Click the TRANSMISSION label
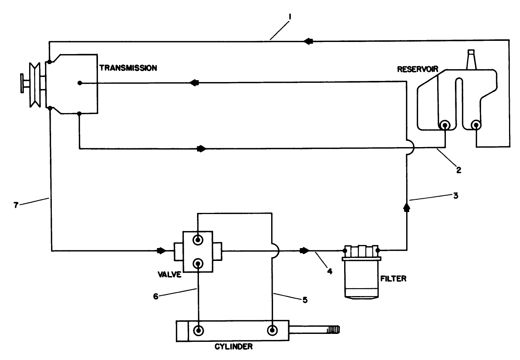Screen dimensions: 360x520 point(128,68)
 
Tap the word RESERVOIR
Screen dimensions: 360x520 point(417,69)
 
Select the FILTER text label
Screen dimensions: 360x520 point(393,279)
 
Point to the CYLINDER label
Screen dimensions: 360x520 point(233,346)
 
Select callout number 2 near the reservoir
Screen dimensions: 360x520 point(458,170)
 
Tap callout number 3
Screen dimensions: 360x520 point(456,196)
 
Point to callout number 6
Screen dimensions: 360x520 point(155,297)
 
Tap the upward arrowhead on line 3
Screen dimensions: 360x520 point(407,206)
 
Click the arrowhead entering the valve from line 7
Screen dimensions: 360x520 point(161,250)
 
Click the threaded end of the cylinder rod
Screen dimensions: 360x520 point(332,330)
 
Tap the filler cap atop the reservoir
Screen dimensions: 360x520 point(471,59)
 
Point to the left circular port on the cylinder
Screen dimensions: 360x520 point(198,331)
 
